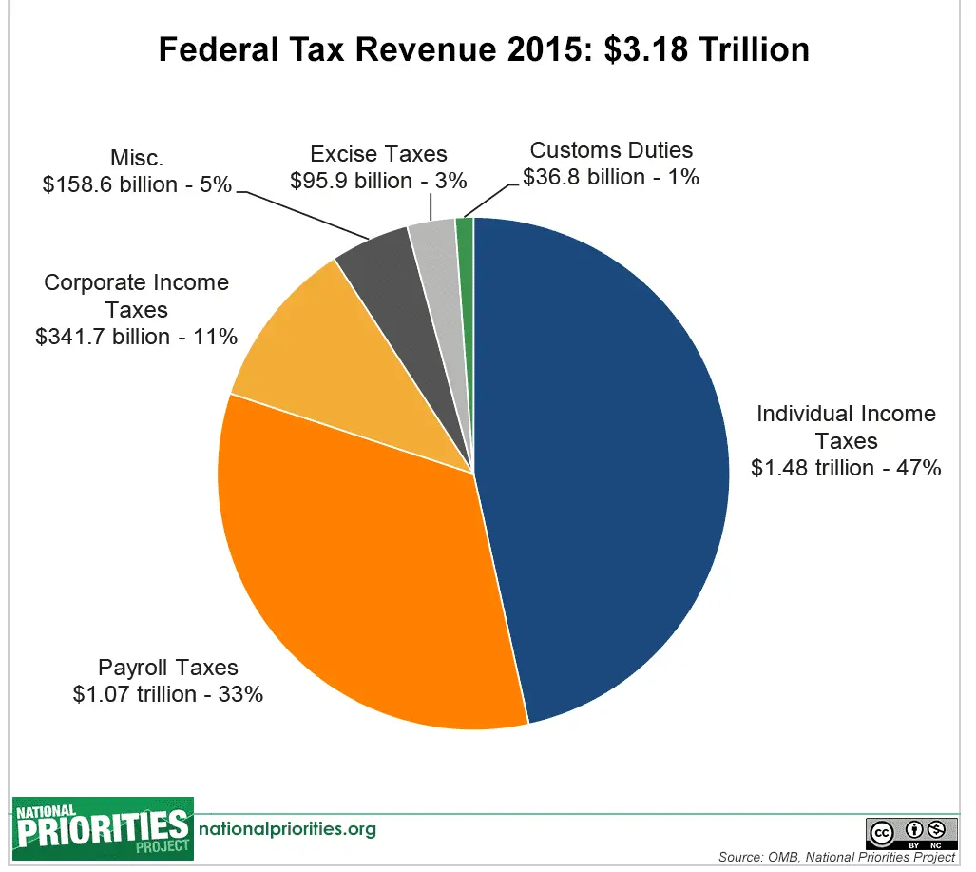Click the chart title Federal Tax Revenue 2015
point(483,49)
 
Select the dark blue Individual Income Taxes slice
point(608,456)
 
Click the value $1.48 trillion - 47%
point(845,468)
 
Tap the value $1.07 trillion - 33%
point(168,694)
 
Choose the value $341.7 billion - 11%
point(136,337)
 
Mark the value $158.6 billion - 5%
point(137,184)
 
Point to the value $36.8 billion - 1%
point(611,177)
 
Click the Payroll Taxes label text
point(168,668)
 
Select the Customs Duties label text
point(611,150)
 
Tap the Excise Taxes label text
point(378,154)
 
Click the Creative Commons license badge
point(910,832)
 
